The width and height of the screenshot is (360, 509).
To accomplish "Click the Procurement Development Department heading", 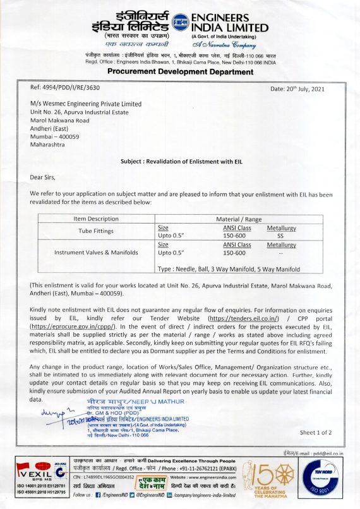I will point(180,71).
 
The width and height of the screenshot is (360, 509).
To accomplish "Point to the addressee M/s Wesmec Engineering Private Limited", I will point(86,104).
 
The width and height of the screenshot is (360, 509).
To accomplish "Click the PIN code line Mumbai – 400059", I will point(54,136).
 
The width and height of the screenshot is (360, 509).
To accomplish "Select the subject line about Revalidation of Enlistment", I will point(179,161).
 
